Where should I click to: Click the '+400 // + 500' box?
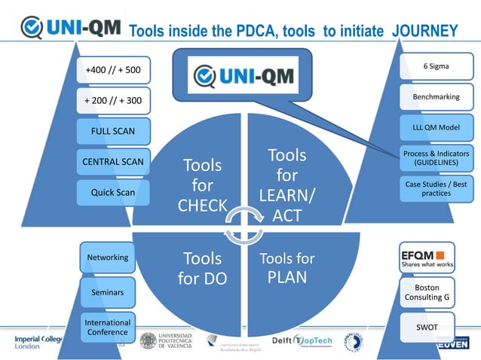coord(113,70)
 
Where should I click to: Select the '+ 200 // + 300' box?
coord(113,100)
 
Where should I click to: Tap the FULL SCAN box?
coord(113,131)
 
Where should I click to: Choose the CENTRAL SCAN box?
coord(113,161)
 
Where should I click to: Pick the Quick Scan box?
coord(113,192)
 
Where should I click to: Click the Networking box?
coord(108,258)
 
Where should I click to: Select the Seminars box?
coord(108,291)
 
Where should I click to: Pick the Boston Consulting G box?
coord(427,293)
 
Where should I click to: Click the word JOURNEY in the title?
coord(424,31)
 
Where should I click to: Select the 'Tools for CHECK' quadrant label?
coord(202,185)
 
